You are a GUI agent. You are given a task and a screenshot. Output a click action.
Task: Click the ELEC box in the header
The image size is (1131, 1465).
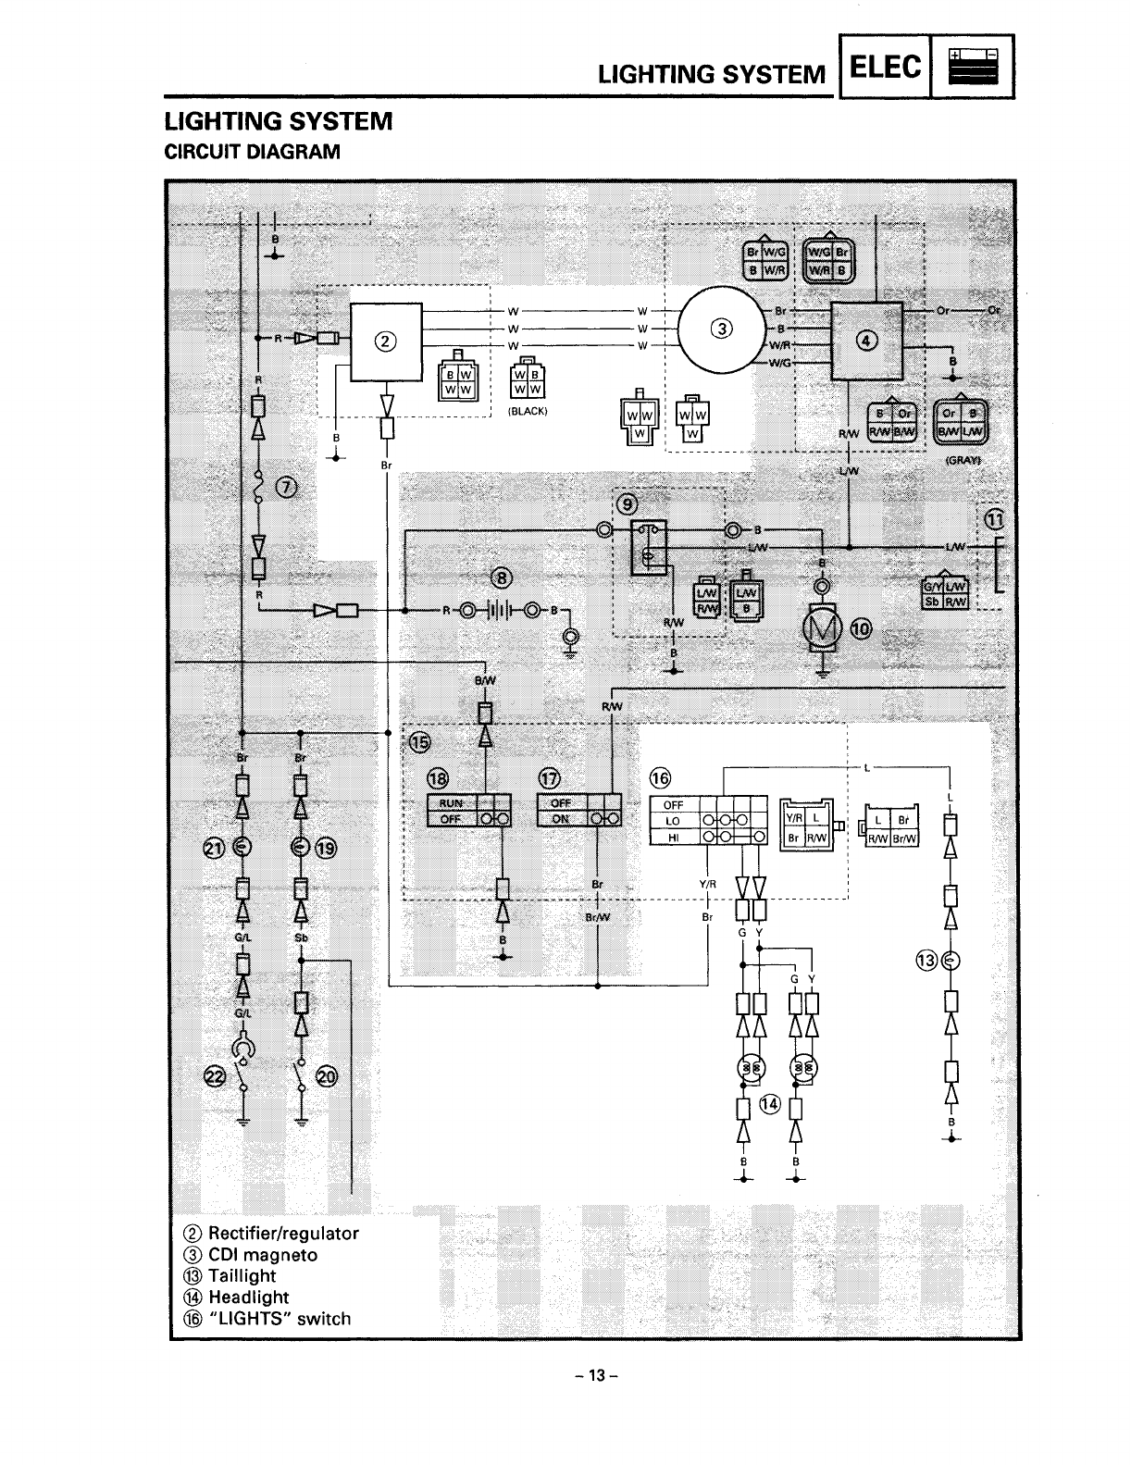point(884,68)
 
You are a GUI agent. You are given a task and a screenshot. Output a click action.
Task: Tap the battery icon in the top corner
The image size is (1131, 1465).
point(971,68)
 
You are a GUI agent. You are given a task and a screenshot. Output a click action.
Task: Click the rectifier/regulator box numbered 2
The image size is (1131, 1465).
point(385,341)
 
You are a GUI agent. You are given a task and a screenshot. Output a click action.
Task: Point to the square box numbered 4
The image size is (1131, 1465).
point(867,340)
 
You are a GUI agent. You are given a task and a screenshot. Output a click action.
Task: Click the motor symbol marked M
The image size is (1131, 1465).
point(822,629)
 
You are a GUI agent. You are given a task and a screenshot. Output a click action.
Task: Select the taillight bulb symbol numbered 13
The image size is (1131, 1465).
point(951,961)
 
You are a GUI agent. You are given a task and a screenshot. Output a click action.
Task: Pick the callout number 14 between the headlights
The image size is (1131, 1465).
point(769,1102)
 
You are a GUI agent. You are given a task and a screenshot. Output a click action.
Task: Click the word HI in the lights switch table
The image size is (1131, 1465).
point(674,838)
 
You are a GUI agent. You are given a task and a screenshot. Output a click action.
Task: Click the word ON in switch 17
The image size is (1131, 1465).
point(561,819)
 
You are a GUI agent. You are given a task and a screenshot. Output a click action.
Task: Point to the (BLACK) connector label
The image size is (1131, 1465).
point(528,412)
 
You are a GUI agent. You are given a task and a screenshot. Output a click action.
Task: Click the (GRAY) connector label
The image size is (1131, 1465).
point(963,460)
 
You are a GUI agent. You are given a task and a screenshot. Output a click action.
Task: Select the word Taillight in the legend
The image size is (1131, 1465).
point(242,1275)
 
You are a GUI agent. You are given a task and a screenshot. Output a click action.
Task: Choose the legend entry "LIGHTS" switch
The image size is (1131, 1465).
point(279,1318)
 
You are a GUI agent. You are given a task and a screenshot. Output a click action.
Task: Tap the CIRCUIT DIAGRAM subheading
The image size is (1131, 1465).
point(252,151)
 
